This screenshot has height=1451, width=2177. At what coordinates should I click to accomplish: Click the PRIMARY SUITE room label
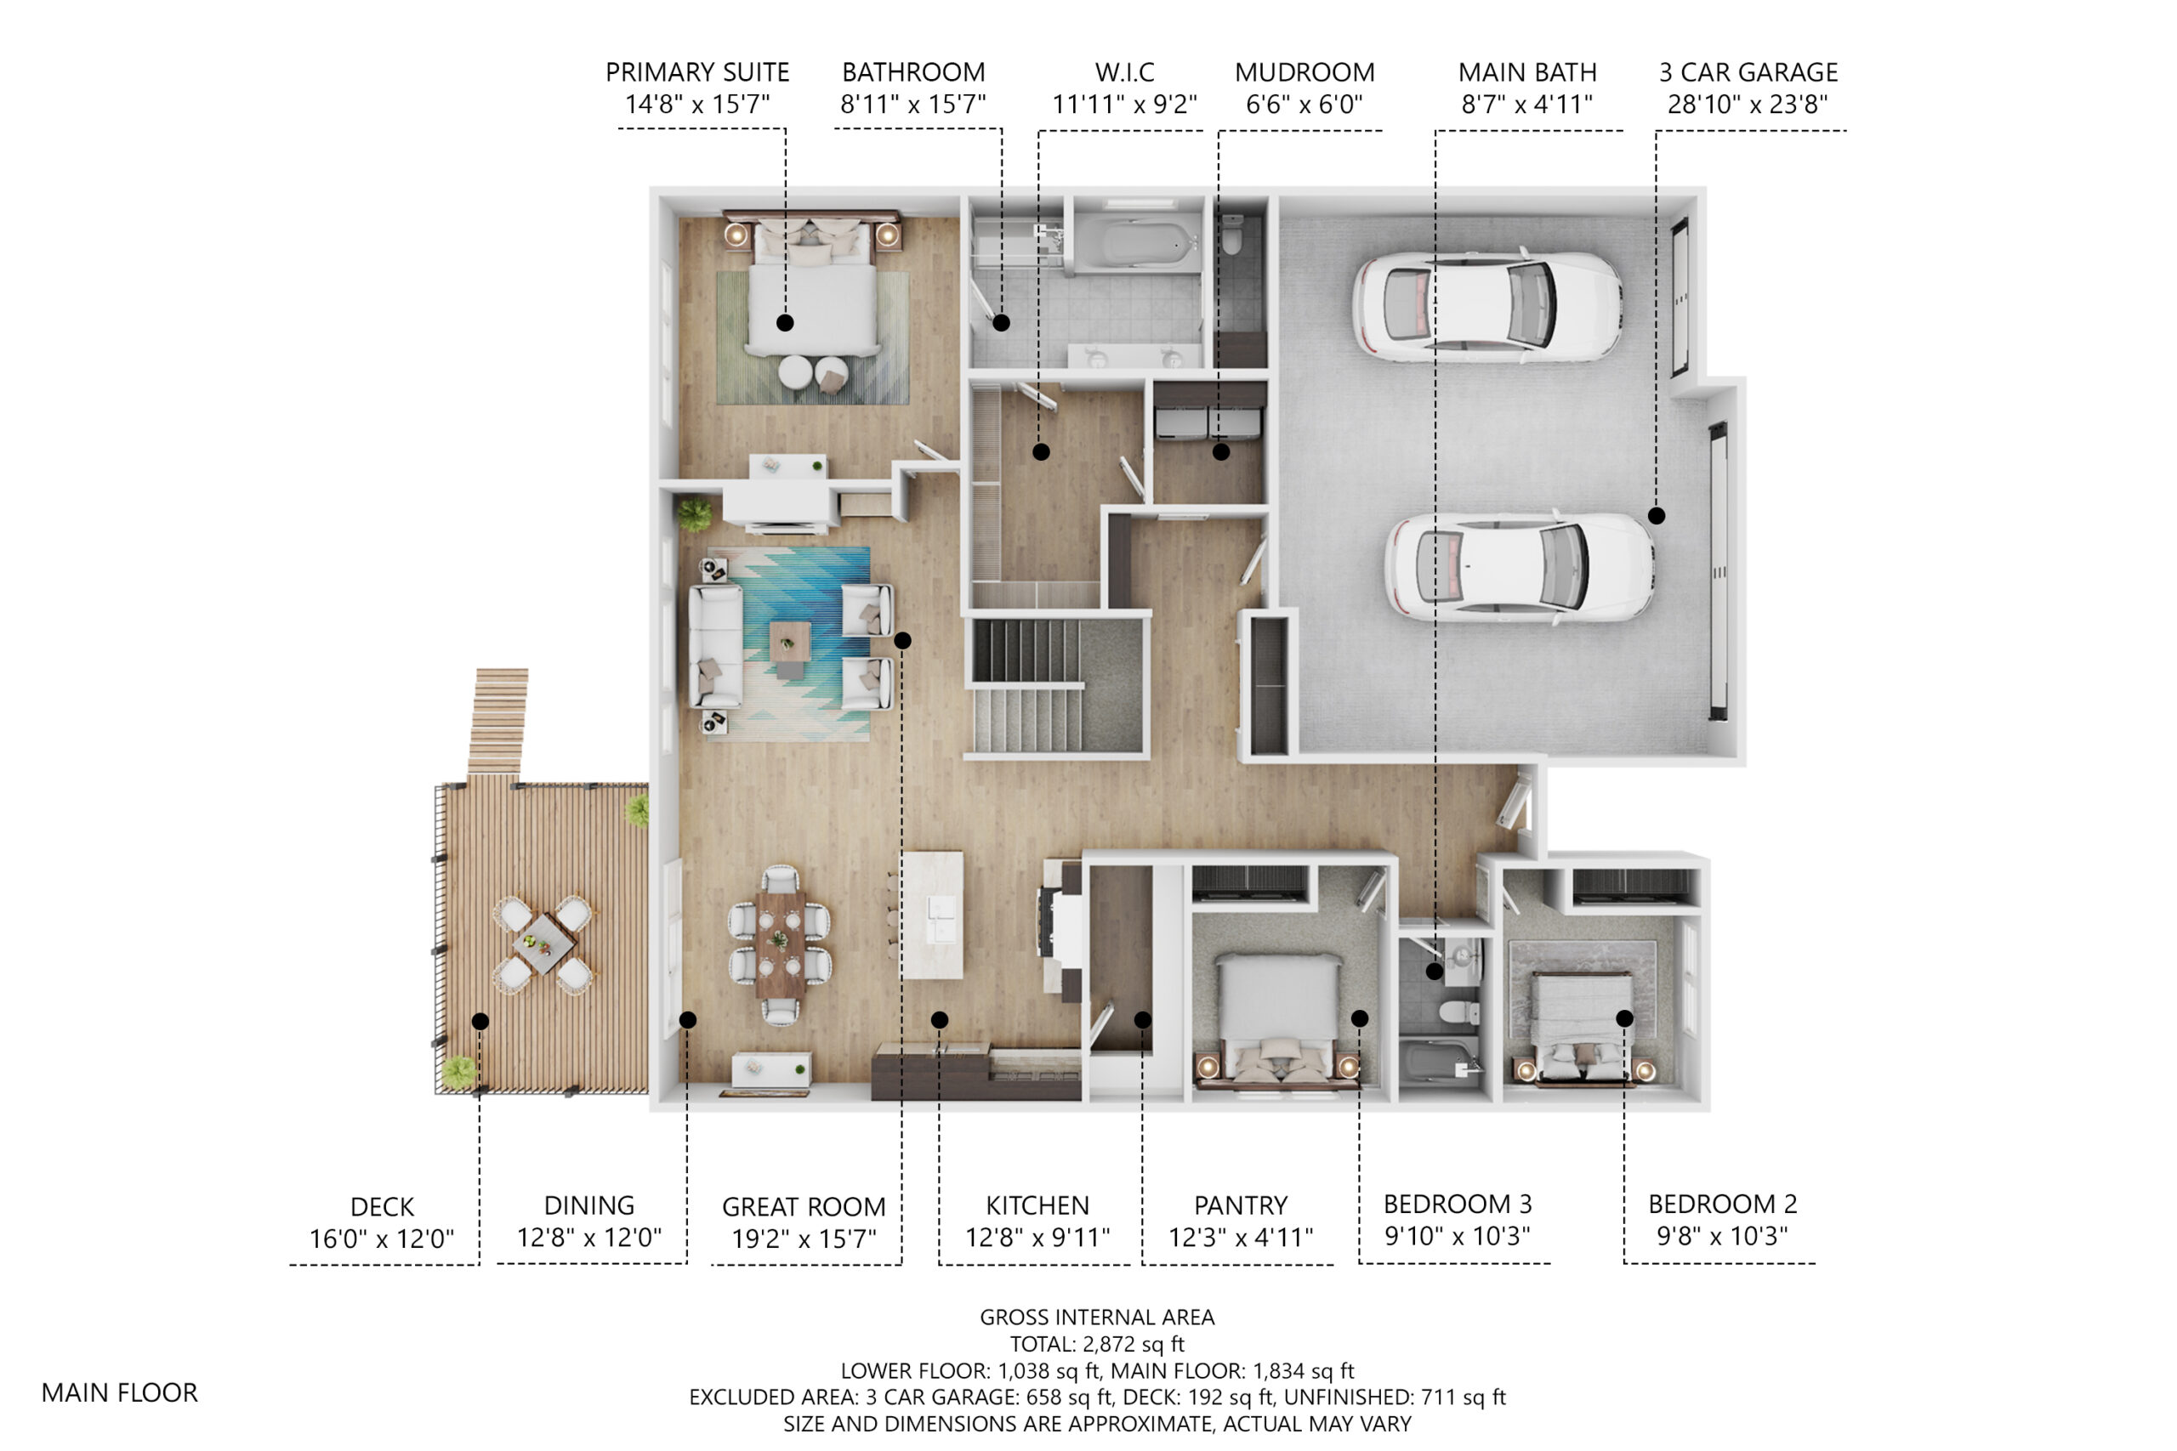(697, 72)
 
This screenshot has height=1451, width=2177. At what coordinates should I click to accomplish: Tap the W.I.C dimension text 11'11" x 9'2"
(1124, 105)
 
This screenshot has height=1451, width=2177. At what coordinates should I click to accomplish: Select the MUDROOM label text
(1304, 72)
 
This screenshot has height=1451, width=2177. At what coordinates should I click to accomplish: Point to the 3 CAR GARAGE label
(1748, 72)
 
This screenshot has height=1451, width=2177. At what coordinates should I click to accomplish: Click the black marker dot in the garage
(1657, 515)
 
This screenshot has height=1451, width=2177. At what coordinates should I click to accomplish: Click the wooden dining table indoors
(779, 944)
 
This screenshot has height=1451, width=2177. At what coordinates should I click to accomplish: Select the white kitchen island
(933, 915)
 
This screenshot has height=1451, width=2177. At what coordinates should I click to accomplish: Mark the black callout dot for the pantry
(1143, 1020)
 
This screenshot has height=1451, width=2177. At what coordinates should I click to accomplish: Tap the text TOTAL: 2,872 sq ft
(1097, 1344)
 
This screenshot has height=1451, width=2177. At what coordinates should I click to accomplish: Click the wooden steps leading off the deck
(498, 722)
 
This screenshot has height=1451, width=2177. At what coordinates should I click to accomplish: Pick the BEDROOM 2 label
(1723, 1204)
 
